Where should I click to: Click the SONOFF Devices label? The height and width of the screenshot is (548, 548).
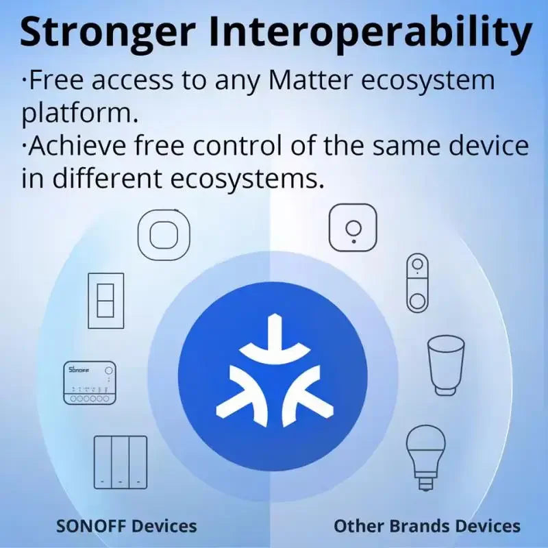click(x=126, y=526)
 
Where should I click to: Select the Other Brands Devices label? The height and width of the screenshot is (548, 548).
click(x=427, y=526)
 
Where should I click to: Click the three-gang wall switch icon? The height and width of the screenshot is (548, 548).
click(x=121, y=462)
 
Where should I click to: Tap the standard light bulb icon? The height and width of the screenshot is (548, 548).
click(x=426, y=455)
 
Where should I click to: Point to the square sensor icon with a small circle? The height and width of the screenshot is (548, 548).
click(x=353, y=228)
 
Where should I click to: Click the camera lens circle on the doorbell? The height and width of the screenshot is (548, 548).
click(x=417, y=269)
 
